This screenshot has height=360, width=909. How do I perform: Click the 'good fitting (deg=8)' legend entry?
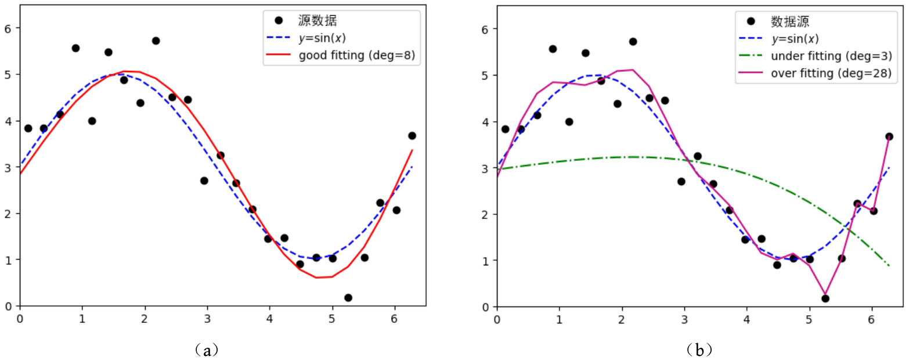[x=358, y=56]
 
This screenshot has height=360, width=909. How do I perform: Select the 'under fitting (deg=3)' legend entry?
[x=831, y=56]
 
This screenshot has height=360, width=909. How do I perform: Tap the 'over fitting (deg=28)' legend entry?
[x=831, y=74]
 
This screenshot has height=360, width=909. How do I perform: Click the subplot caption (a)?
[x=207, y=350]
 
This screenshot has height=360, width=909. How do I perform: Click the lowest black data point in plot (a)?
[x=348, y=298]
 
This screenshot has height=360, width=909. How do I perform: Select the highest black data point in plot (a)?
[x=156, y=41]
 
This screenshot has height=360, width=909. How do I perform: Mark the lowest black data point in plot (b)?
[x=825, y=298]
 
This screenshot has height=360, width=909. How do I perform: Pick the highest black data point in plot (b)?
[x=633, y=41]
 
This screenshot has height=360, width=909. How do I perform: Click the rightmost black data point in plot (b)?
[x=889, y=136]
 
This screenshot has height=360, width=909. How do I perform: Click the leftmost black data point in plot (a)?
[x=28, y=128]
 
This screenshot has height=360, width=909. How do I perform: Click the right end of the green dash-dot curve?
[x=889, y=266]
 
